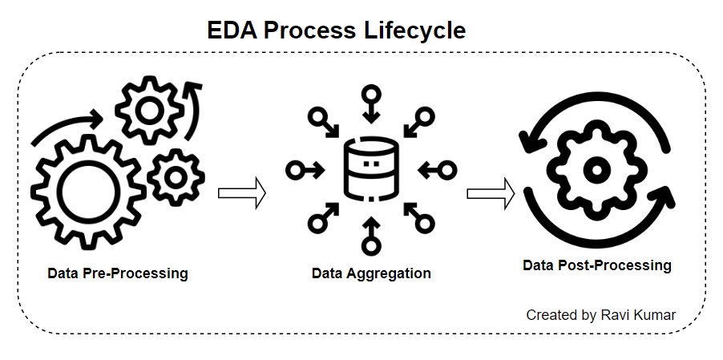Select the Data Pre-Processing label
tap(118, 273)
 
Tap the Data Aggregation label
tap(371, 273)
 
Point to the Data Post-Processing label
tap(597, 265)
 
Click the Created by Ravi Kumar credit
tap(600, 315)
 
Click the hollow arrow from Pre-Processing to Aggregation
tap(241, 193)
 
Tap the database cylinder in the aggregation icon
tap(370, 170)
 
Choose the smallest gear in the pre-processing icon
tap(175, 177)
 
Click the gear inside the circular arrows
tap(595, 169)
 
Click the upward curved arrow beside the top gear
tap(193, 103)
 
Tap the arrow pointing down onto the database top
tap(370, 103)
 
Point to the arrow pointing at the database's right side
tap(437, 170)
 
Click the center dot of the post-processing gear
tap(595, 169)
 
